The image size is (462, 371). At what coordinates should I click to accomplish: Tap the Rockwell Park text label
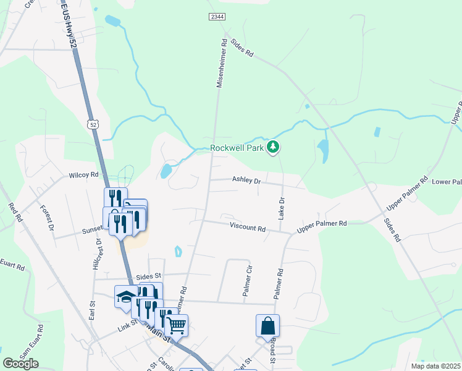tap(237, 148)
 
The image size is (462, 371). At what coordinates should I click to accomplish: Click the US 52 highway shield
tap(93, 124)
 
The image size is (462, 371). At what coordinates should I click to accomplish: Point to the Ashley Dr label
tap(247, 181)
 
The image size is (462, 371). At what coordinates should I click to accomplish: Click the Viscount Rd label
tap(247, 228)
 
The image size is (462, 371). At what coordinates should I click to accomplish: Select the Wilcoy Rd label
tap(84, 175)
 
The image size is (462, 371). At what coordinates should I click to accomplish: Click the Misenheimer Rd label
tap(220, 65)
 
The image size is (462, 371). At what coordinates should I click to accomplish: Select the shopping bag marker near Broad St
tap(268, 326)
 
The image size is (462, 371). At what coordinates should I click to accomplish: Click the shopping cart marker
tap(177, 325)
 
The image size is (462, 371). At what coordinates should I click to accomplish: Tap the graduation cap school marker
tap(126, 296)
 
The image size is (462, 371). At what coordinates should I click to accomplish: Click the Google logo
tap(21, 364)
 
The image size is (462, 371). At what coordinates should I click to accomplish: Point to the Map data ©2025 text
tap(435, 366)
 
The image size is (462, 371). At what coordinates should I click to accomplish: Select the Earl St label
tap(92, 309)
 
